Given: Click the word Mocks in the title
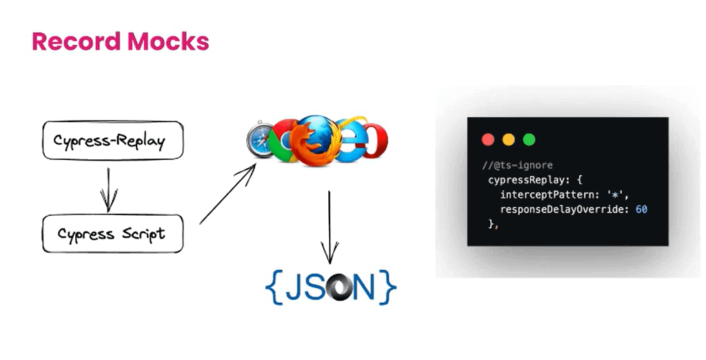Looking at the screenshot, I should point(166,41).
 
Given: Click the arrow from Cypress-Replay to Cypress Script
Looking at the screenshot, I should point(106,187).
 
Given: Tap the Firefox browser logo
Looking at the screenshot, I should point(314,137).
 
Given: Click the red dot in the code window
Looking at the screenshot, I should point(488,139).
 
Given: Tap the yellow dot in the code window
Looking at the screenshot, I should point(509,139).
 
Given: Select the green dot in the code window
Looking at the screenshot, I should point(529,139).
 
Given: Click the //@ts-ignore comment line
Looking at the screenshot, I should point(518,166).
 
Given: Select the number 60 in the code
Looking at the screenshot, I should point(641,209).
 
